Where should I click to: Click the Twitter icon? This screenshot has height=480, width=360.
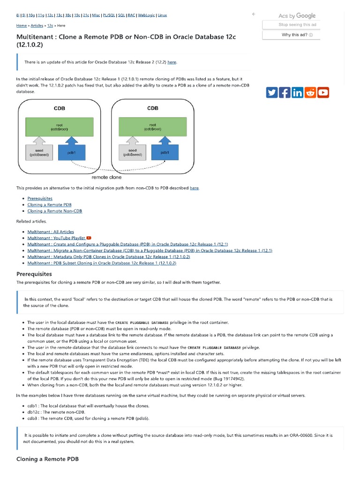click(271, 92)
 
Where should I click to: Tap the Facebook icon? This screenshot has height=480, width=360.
click(284, 92)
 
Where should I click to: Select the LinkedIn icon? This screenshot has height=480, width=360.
click(297, 92)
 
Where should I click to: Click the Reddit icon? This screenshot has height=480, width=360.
click(310, 92)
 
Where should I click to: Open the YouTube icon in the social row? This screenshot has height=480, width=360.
click(323, 92)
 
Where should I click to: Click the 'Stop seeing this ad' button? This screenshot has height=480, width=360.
click(297, 25)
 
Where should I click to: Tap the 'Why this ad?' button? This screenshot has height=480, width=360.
click(297, 35)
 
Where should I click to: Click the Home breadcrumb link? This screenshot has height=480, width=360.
click(22, 26)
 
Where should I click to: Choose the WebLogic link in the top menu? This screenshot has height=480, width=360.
click(146, 15)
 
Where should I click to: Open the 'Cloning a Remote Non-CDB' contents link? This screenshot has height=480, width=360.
click(54, 211)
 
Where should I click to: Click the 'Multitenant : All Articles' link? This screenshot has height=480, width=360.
click(50, 232)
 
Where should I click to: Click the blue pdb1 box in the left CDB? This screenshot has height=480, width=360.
click(72, 152)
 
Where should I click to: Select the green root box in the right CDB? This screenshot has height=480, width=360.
click(153, 127)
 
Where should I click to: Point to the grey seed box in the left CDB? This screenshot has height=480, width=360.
click(39, 152)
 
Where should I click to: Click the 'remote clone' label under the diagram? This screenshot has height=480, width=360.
click(106, 178)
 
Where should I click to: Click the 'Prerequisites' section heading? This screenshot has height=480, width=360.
click(34, 274)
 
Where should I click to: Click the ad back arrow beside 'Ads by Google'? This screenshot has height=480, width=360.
click(254, 15)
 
